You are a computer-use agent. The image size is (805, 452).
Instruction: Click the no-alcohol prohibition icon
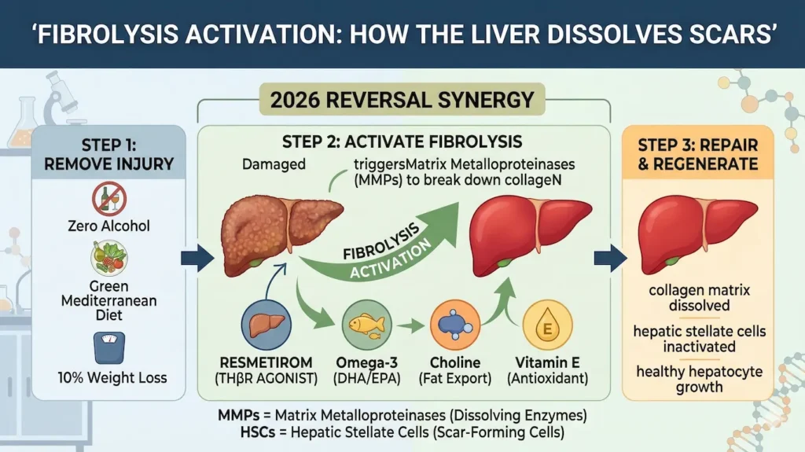109,199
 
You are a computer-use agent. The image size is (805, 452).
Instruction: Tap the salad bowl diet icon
109,257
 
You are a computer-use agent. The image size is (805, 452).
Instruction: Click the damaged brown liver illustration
279,232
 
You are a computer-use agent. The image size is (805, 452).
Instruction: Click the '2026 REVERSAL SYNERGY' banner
402,101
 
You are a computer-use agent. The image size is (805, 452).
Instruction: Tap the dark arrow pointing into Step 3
611,257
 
